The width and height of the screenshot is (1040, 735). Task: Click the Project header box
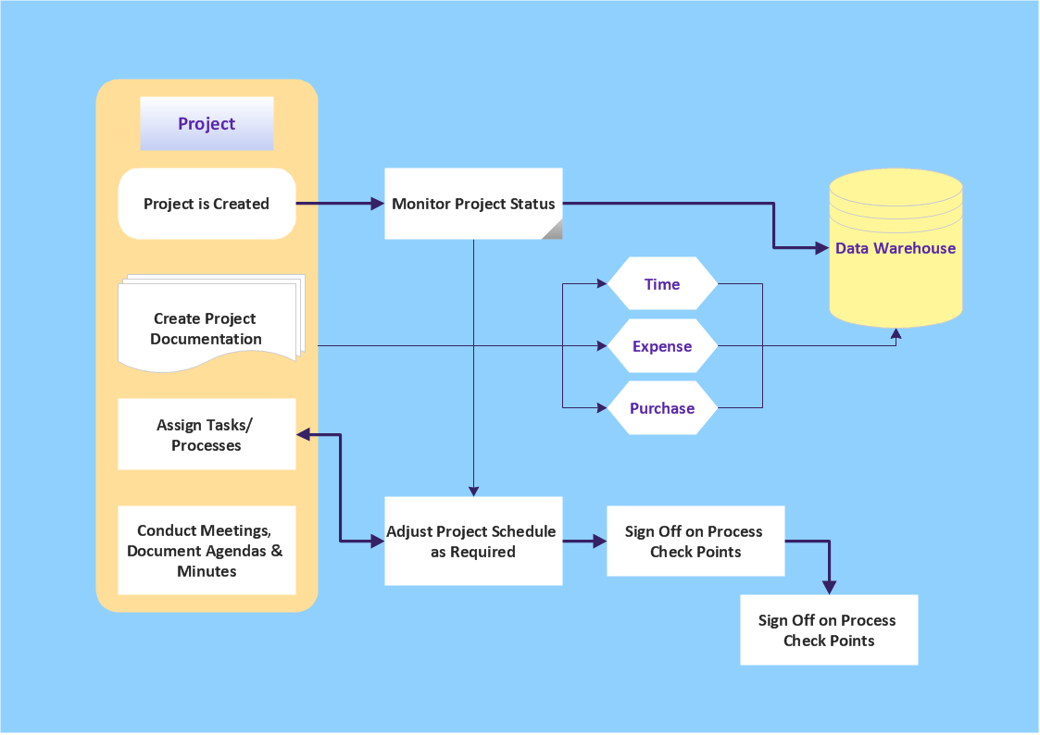pyautogui.click(x=207, y=124)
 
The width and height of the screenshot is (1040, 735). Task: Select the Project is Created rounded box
pyautogui.click(x=207, y=204)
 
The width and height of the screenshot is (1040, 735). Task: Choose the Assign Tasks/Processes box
pyautogui.click(x=207, y=434)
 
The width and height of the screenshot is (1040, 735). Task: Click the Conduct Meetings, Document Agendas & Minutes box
pyautogui.click(x=207, y=551)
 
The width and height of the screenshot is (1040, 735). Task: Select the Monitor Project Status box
pyautogui.click(x=473, y=204)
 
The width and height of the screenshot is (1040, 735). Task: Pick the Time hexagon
pyautogui.click(x=662, y=284)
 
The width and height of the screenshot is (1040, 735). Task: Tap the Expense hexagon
pyautogui.click(x=662, y=346)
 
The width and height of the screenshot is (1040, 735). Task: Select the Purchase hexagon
pyautogui.click(x=662, y=408)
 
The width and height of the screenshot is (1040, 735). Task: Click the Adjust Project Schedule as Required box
pyautogui.click(x=473, y=542)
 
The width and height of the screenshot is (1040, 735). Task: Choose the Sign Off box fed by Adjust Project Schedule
pyautogui.click(x=695, y=542)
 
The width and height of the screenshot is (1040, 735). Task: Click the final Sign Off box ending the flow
pyautogui.click(x=829, y=630)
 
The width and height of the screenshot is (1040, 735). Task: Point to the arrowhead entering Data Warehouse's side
pyautogui.click(x=821, y=248)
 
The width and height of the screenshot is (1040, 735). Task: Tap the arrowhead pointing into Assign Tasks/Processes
pyautogui.click(x=303, y=434)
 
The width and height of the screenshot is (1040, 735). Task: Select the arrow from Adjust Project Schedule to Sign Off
pyautogui.click(x=583, y=542)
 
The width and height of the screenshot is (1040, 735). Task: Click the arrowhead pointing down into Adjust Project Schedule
pyautogui.click(x=473, y=491)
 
